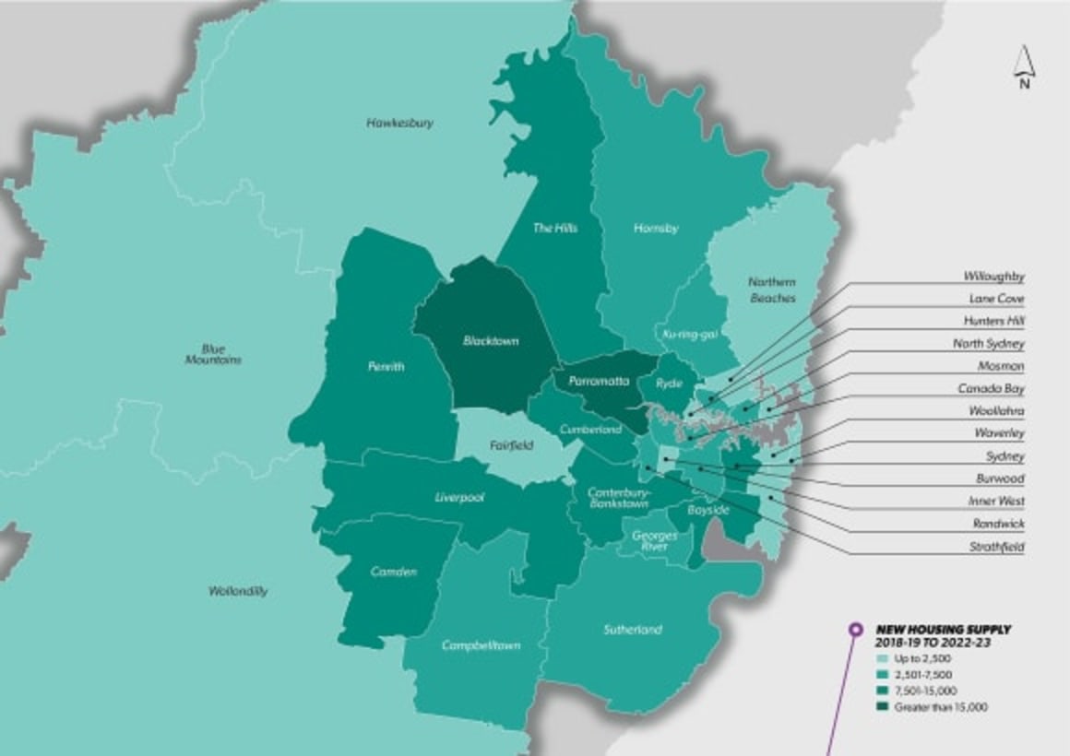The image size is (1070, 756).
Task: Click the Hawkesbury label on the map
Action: (399, 123)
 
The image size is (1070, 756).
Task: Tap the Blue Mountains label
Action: (213, 354)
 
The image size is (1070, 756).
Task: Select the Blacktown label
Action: (491, 341)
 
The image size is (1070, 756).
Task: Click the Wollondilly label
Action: (238, 591)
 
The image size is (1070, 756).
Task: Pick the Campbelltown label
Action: (480, 645)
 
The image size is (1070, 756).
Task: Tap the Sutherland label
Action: (633, 630)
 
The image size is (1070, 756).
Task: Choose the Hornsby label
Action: (656, 228)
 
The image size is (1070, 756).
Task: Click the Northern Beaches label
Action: (771, 290)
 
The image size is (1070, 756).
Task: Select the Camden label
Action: (394, 572)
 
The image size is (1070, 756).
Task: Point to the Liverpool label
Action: (459, 497)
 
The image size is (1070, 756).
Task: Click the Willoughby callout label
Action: (993, 277)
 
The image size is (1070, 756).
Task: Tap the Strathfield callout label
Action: (995, 547)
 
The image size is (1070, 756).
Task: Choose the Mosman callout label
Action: (1002, 366)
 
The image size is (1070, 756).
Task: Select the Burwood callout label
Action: (1000, 479)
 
